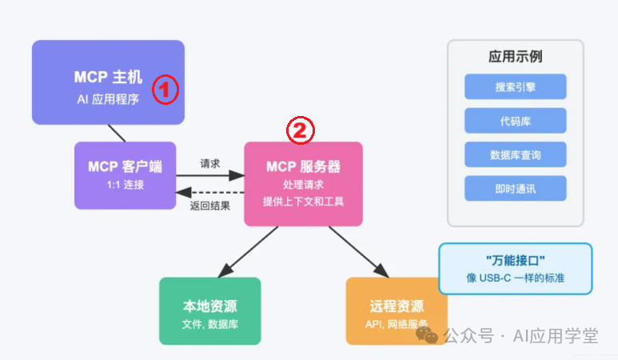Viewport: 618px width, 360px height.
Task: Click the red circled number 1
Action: (x=165, y=90)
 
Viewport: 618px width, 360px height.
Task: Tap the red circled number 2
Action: (x=301, y=130)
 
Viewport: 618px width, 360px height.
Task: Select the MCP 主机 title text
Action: (x=108, y=77)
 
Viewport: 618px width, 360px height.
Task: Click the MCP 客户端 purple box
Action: (x=126, y=175)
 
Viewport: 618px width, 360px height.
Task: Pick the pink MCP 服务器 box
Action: (x=304, y=184)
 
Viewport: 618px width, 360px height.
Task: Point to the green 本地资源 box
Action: (x=210, y=311)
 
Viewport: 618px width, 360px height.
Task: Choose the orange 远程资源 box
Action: (x=397, y=311)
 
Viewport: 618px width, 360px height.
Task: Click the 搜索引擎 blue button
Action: (x=516, y=86)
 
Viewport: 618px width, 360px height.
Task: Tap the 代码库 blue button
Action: (x=516, y=121)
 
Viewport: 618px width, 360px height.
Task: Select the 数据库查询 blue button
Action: (x=516, y=154)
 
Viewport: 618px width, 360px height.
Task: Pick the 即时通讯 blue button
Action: (x=516, y=189)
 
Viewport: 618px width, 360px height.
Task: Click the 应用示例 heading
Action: (x=516, y=56)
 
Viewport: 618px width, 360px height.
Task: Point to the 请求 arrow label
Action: (x=210, y=163)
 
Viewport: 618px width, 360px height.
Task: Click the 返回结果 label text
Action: (x=210, y=206)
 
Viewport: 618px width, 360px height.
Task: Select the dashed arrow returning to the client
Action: (x=210, y=193)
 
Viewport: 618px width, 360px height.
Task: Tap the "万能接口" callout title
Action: (x=516, y=260)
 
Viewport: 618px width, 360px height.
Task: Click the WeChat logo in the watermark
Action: (x=427, y=335)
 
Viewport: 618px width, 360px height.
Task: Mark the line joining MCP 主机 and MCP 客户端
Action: (x=117, y=134)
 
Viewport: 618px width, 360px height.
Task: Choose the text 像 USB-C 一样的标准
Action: (x=516, y=278)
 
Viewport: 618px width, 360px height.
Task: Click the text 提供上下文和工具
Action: (x=304, y=202)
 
